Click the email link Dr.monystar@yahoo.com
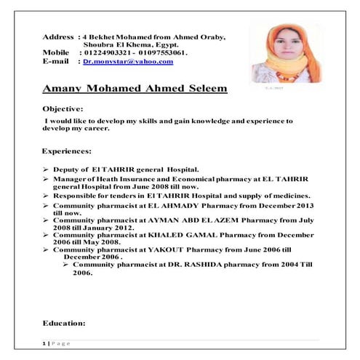(x=128, y=62)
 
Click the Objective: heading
(x=63, y=108)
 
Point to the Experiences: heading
(x=67, y=151)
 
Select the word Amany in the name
(x=65, y=89)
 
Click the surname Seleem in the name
(x=204, y=89)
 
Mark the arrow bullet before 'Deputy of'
(x=45, y=169)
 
